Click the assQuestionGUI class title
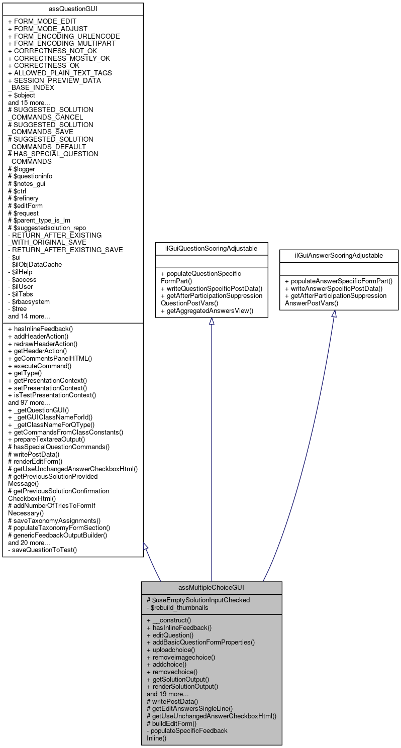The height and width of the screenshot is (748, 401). point(73,9)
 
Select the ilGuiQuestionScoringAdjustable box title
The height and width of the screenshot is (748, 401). point(211,248)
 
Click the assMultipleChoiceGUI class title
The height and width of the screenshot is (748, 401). point(211,587)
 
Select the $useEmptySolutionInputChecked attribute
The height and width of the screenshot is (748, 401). point(198,599)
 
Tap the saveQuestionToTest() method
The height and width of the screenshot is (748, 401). point(42,550)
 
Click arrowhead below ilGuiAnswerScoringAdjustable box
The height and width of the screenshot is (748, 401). point(334,314)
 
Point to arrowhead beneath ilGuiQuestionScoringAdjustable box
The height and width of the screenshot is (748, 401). point(211,322)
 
